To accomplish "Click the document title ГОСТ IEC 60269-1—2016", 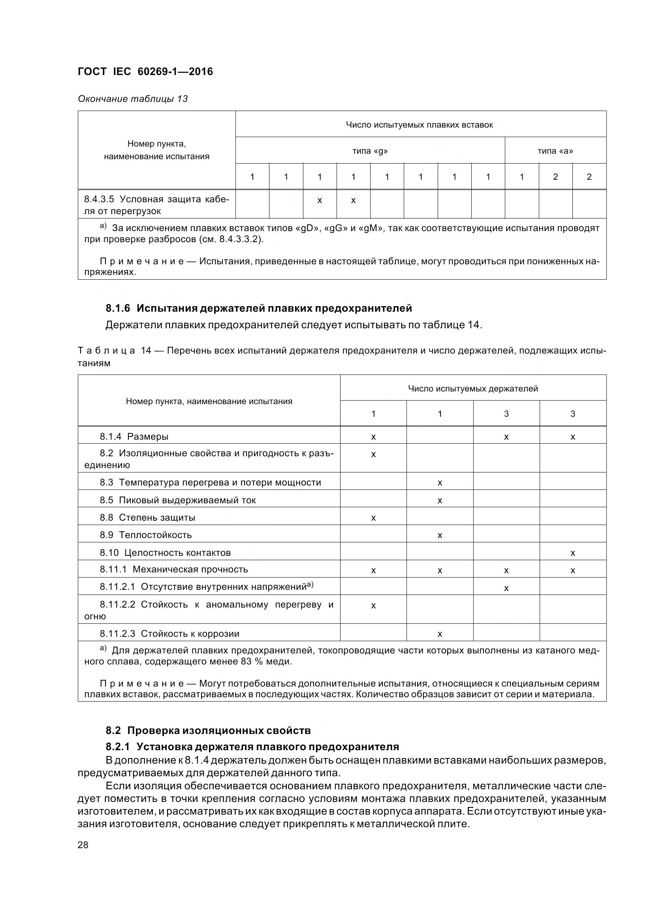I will point(145,72).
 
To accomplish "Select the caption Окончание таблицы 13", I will point(133,99).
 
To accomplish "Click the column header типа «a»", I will point(555,151).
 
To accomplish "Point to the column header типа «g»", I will point(370,151).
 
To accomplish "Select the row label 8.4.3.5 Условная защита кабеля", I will point(156,205).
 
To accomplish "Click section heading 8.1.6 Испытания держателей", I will point(259,308).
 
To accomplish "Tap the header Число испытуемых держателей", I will point(473,388).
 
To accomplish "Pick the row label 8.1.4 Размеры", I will point(134,436).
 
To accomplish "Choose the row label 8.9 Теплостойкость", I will point(146,535).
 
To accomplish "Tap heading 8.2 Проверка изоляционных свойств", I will point(208,730).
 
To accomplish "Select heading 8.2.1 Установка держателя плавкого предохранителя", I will point(252,747).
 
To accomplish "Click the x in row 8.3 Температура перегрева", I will point(440,483).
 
